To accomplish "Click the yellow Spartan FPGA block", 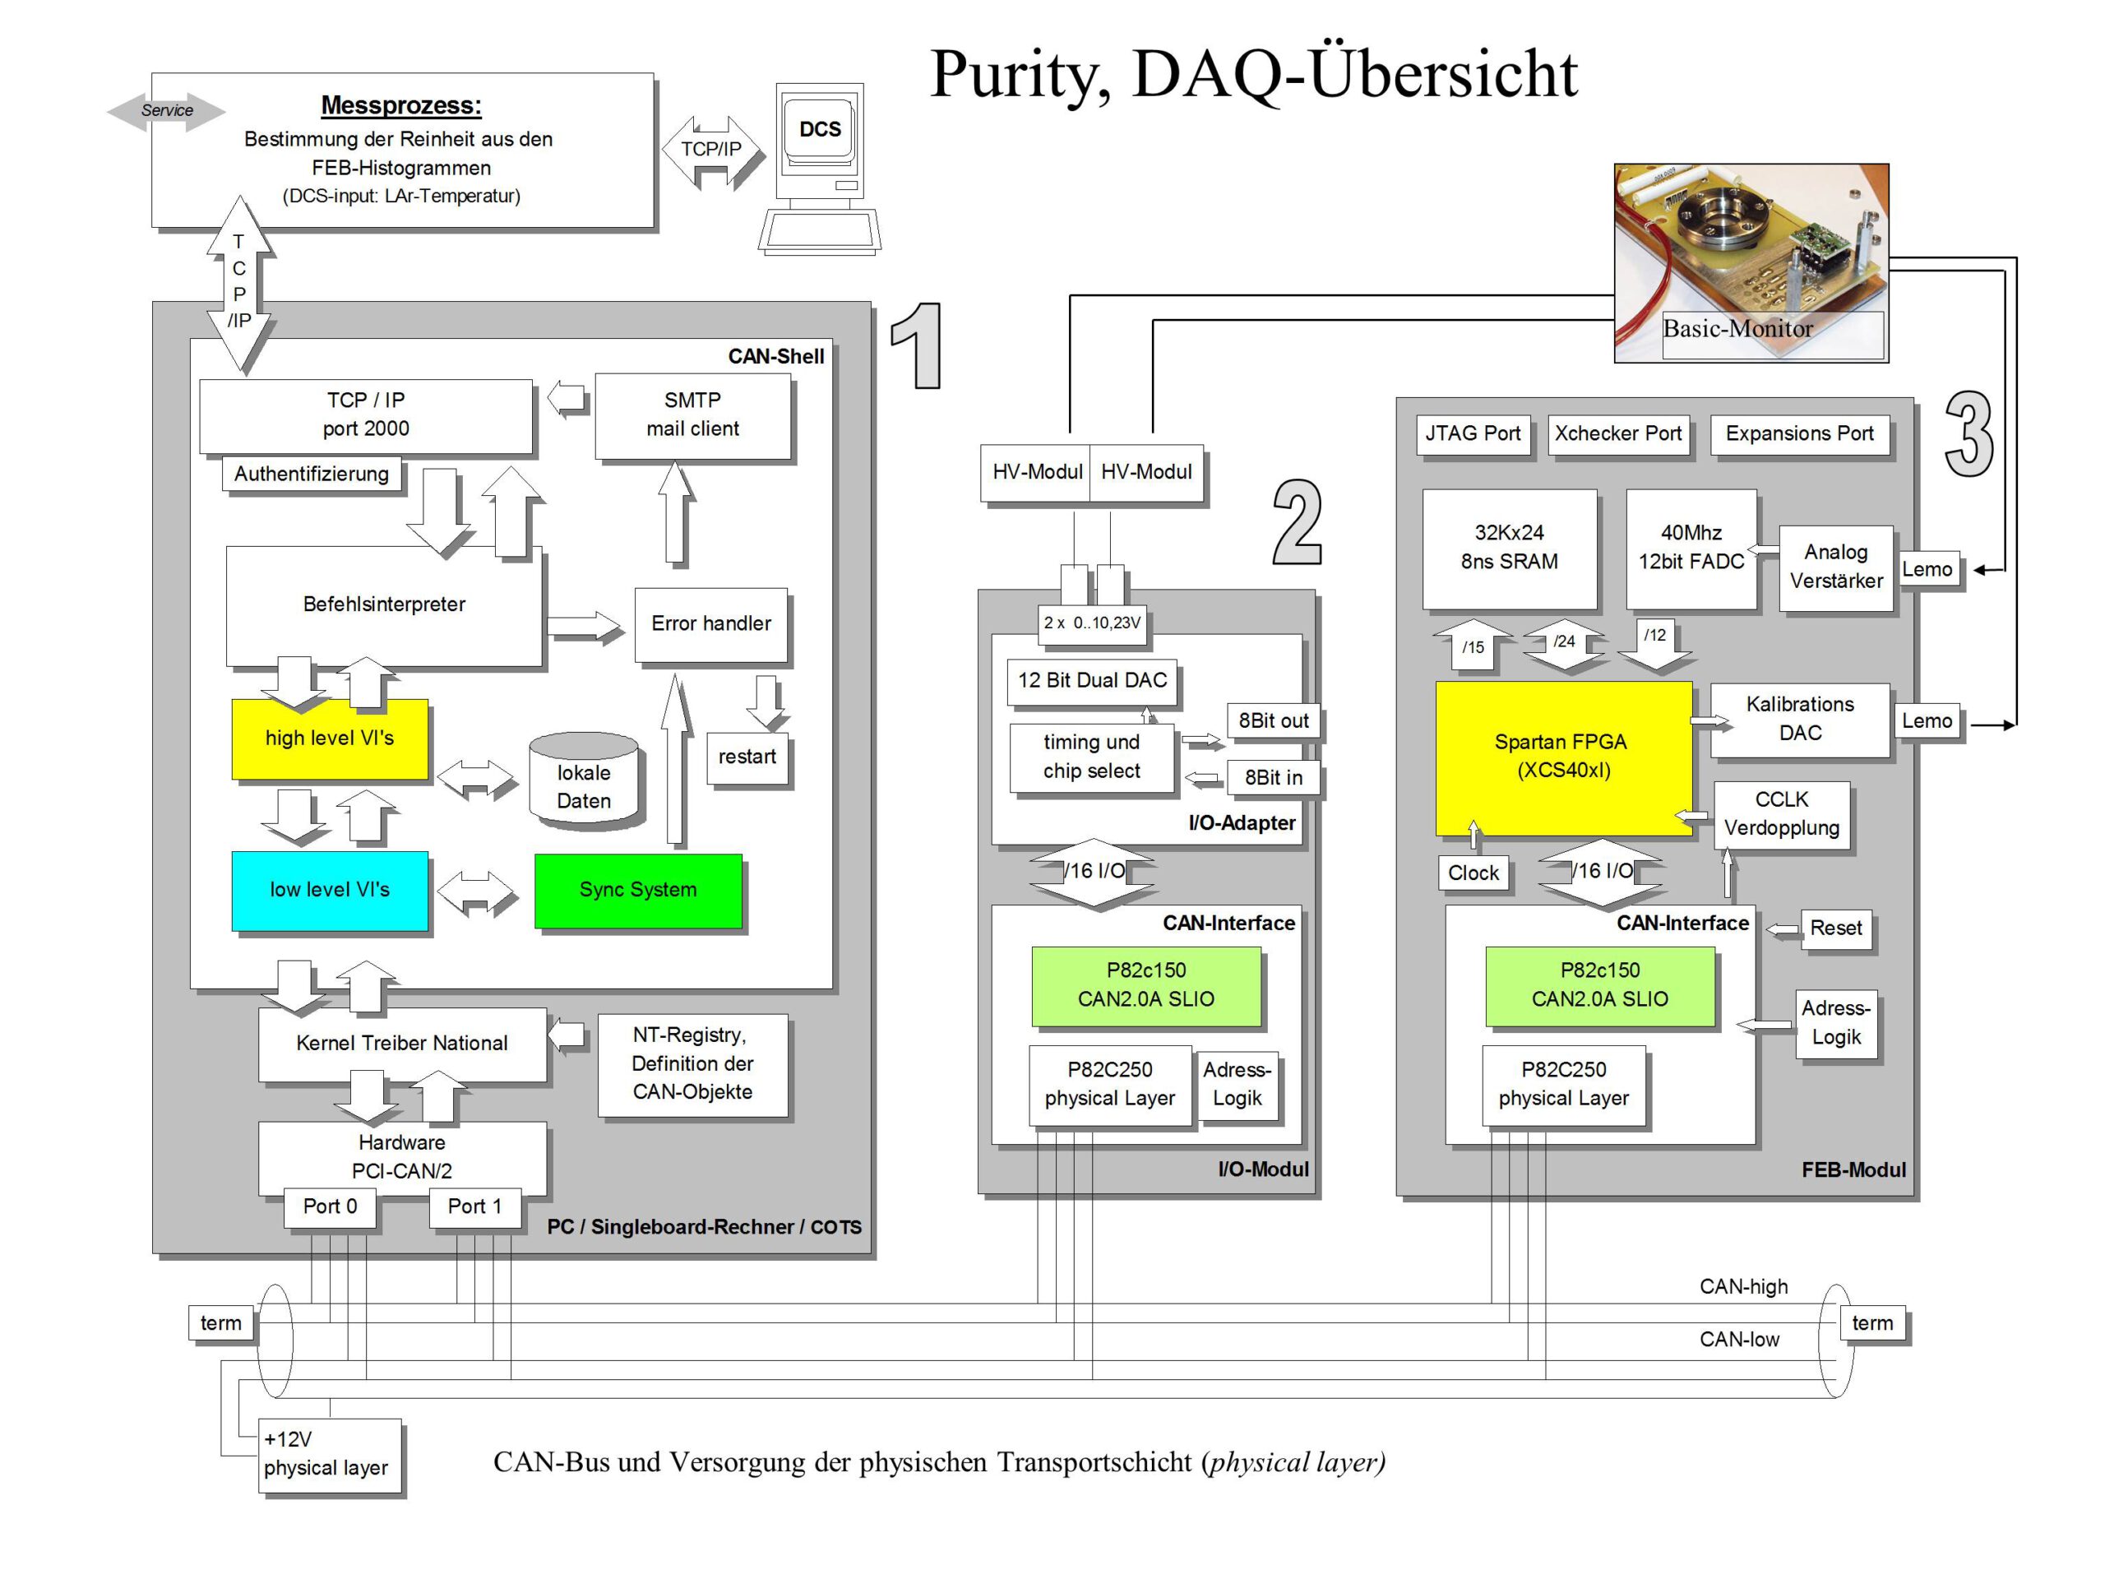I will (1562, 757).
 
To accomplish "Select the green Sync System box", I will (637, 890).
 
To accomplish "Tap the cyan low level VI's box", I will (329, 890).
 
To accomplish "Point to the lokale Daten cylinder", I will (583, 780).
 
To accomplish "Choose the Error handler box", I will (711, 623).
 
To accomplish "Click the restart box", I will (747, 757).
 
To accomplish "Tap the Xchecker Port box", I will (1617, 434).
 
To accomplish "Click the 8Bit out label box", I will (1273, 721).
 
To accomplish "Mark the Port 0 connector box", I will (331, 1206).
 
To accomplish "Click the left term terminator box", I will (220, 1323).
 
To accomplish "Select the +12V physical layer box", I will (328, 1454).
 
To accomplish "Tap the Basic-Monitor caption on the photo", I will (1737, 329).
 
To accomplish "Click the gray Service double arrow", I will (167, 110).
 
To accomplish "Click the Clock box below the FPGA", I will (1473, 873).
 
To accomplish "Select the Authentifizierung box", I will (311, 474).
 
